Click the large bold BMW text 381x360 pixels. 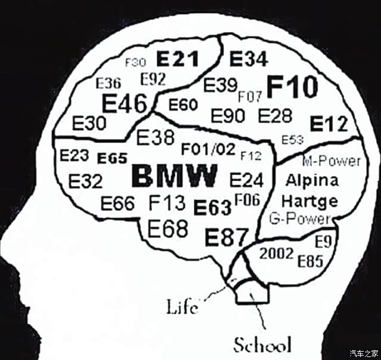pyautogui.click(x=174, y=176)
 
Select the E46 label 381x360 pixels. pyautogui.click(x=124, y=104)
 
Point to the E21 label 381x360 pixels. pyautogui.click(x=177, y=59)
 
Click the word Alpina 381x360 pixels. pyautogui.click(x=312, y=180)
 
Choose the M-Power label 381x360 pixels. pyautogui.click(x=331, y=161)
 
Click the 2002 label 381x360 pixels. pyautogui.click(x=276, y=254)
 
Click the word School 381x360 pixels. pyautogui.click(x=262, y=345)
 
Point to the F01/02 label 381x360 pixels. pyautogui.click(x=208, y=148)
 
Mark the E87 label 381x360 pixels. pyautogui.click(x=226, y=237)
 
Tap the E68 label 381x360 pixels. pyautogui.click(x=168, y=227)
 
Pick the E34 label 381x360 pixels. pyautogui.click(x=249, y=59)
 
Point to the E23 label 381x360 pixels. pyautogui.click(x=74, y=156)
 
